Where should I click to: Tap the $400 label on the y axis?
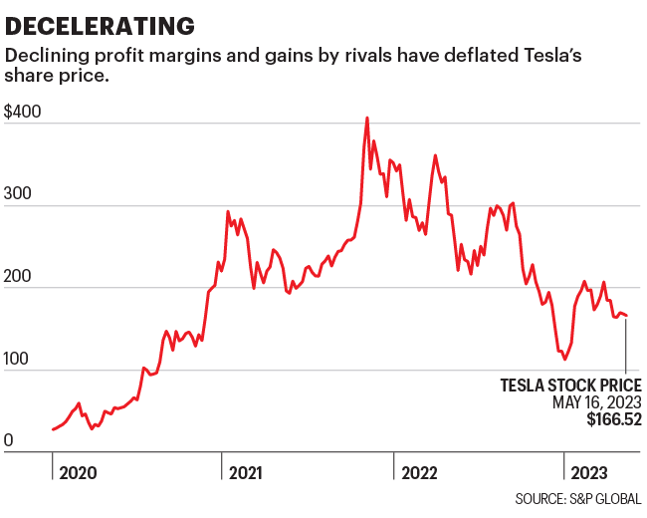(x=23, y=113)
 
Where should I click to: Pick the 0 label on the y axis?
(x=9, y=441)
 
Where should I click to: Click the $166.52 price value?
(x=613, y=420)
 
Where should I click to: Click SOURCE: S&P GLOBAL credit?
(x=578, y=498)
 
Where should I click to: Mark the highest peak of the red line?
(x=367, y=118)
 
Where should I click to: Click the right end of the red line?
(x=627, y=316)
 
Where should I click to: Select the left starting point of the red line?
(x=52, y=429)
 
